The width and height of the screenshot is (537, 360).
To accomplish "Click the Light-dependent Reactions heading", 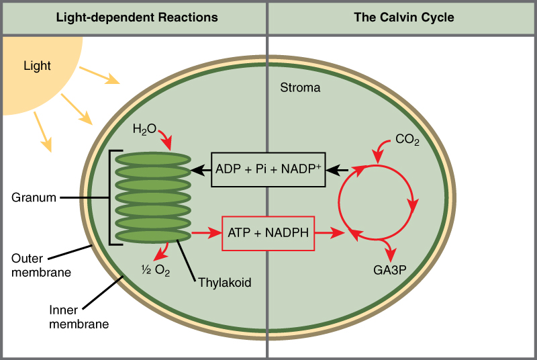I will pyautogui.click(x=136, y=17).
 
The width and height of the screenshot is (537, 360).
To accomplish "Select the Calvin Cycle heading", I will pyautogui.click(x=404, y=17).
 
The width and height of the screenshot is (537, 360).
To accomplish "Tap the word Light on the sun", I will pyautogui.click(x=37, y=66).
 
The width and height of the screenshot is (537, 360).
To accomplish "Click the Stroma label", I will pyautogui.click(x=300, y=88).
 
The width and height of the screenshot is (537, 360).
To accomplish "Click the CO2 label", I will pyautogui.click(x=407, y=140).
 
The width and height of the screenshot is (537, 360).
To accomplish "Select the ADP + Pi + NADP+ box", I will pyautogui.click(x=268, y=169).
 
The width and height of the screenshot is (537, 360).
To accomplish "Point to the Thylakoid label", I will pyautogui.click(x=224, y=282).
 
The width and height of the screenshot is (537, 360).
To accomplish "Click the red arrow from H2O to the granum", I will pyautogui.click(x=164, y=140).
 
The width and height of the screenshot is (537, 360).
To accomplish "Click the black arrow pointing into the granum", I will pyautogui.click(x=201, y=169).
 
